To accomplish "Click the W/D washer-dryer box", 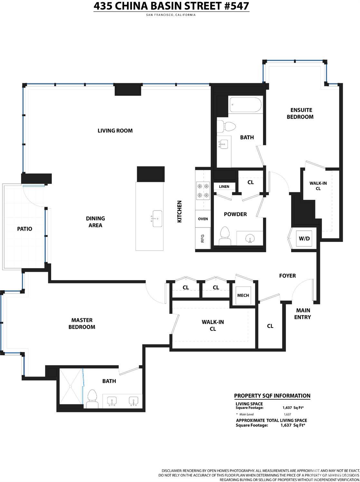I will tap(304, 238).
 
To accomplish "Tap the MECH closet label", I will tap(243, 295).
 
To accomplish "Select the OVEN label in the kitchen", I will tap(203, 219).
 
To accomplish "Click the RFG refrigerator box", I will tap(203, 238).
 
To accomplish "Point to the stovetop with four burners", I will tap(203, 190).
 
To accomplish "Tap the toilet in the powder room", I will tap(224, 236).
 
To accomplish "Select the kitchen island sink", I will tap(157, 218).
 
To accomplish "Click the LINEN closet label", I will tap(224, 187).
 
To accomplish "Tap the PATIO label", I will tap(24, 229).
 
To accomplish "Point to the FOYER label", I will tap(287, 276).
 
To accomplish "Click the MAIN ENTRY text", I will tap(303, 314).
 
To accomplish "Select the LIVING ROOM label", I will tap(115, 131).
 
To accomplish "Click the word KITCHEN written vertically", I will tap(180, 211).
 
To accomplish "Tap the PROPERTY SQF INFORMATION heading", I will tap(272, 396).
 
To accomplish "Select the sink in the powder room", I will tap(250, 239).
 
